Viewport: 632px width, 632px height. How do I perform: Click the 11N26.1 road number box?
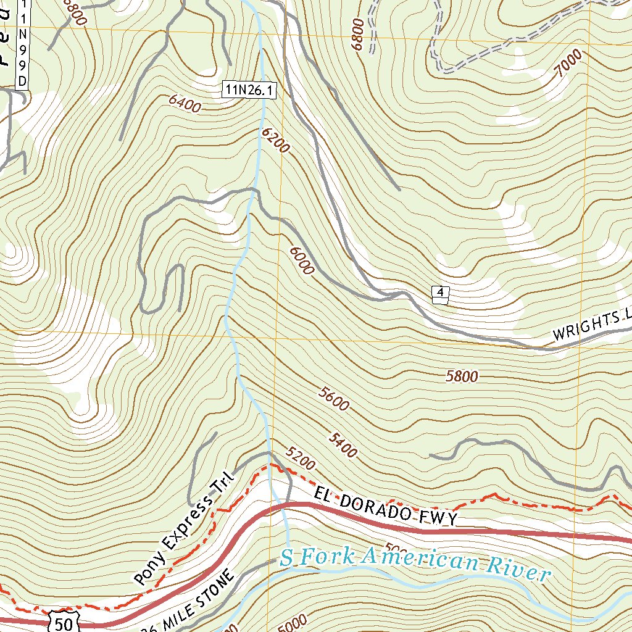(x=249, y=90)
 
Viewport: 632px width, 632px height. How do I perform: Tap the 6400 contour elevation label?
(x=184, y=106)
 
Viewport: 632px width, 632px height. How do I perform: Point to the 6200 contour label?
(x=275, y=141)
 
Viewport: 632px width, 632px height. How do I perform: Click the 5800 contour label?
(x=462, y=376)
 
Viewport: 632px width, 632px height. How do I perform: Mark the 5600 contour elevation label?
(x=334, y=399)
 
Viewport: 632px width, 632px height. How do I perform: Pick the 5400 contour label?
(x=343, y=445)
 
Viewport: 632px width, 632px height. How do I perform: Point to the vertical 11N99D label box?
(x=23, y=44)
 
